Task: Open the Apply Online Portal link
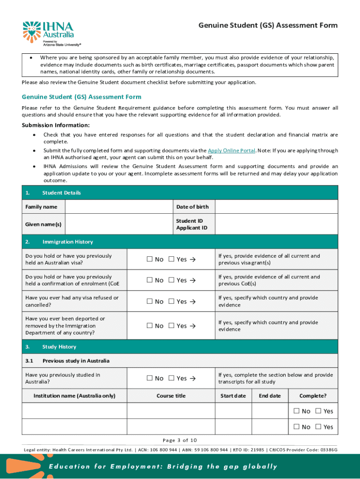(x=231, y=151)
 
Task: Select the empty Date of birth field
(x=276, y=207)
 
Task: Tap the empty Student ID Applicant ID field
(x=276, y=225)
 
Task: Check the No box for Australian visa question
(x=150, y=260)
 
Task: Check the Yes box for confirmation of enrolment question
(x=172, y=280)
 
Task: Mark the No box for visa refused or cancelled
(x=150, y=302)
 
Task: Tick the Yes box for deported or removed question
(x=172, y=326)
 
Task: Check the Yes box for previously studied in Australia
(x=172, y=378)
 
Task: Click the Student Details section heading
(x=61, y=193)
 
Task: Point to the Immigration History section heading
(x=67, y=242)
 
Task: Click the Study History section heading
(x=59, y=347)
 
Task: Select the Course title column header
(x=171, y=396)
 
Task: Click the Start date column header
(x=233, y=396)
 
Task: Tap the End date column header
(x=270, y=396)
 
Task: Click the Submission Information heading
(x=56, y=125)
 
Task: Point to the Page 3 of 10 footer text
(x=180, y=440)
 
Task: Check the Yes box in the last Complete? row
(x=318, y=427)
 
